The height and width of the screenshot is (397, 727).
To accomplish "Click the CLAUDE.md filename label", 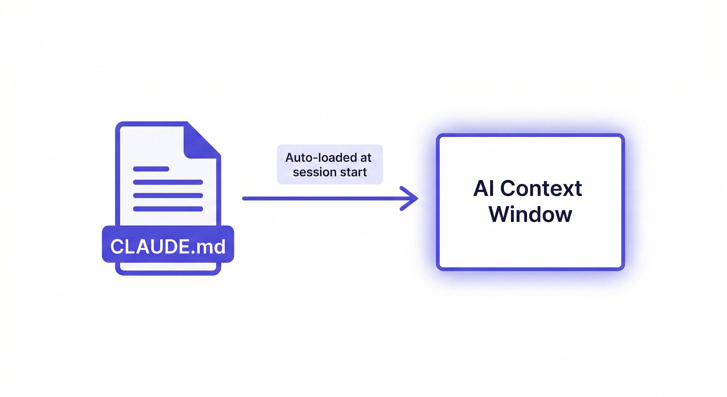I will click(x=168, y=246).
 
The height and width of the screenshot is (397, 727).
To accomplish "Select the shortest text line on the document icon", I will click(x=151, y=169).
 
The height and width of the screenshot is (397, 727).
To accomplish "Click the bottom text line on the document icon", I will click(x=168, y=209).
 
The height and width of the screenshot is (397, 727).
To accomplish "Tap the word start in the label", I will click(x=353, y=172).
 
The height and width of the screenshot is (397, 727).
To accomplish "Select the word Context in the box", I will click(x=541, y=188).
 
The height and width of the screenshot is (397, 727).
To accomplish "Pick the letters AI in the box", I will click(x=484, y=188).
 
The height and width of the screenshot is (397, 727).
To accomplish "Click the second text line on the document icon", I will click(x=168, y=182).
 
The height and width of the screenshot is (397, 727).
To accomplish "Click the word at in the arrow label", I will click(x=366, y=158).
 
